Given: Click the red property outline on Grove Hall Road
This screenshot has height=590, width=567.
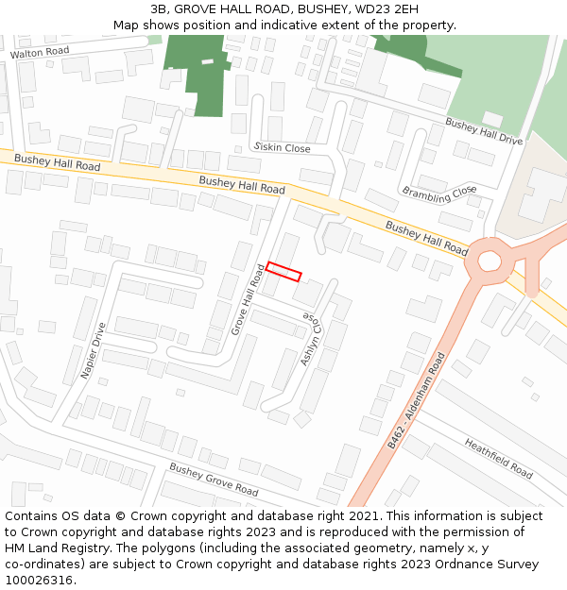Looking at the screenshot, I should click(x=283, y=271).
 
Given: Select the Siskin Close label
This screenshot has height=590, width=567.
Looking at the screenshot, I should click(x=283, y=148).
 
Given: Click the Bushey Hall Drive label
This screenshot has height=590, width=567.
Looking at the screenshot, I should click(x=484, y=131).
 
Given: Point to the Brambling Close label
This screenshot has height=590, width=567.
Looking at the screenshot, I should click(x=439, y=193).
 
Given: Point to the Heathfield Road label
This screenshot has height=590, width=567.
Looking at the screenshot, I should click(x=498, y=457).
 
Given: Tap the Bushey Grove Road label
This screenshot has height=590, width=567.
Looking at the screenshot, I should click(x=214, y=480).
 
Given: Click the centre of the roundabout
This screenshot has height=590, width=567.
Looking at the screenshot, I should click(x=490, y=261).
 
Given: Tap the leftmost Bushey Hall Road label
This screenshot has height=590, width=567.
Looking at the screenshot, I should click(x=57, y=163).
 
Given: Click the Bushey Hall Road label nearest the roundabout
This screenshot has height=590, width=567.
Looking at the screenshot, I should click(x=426, y=239).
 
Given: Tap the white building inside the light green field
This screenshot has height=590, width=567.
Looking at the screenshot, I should click(x=492, y=118).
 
